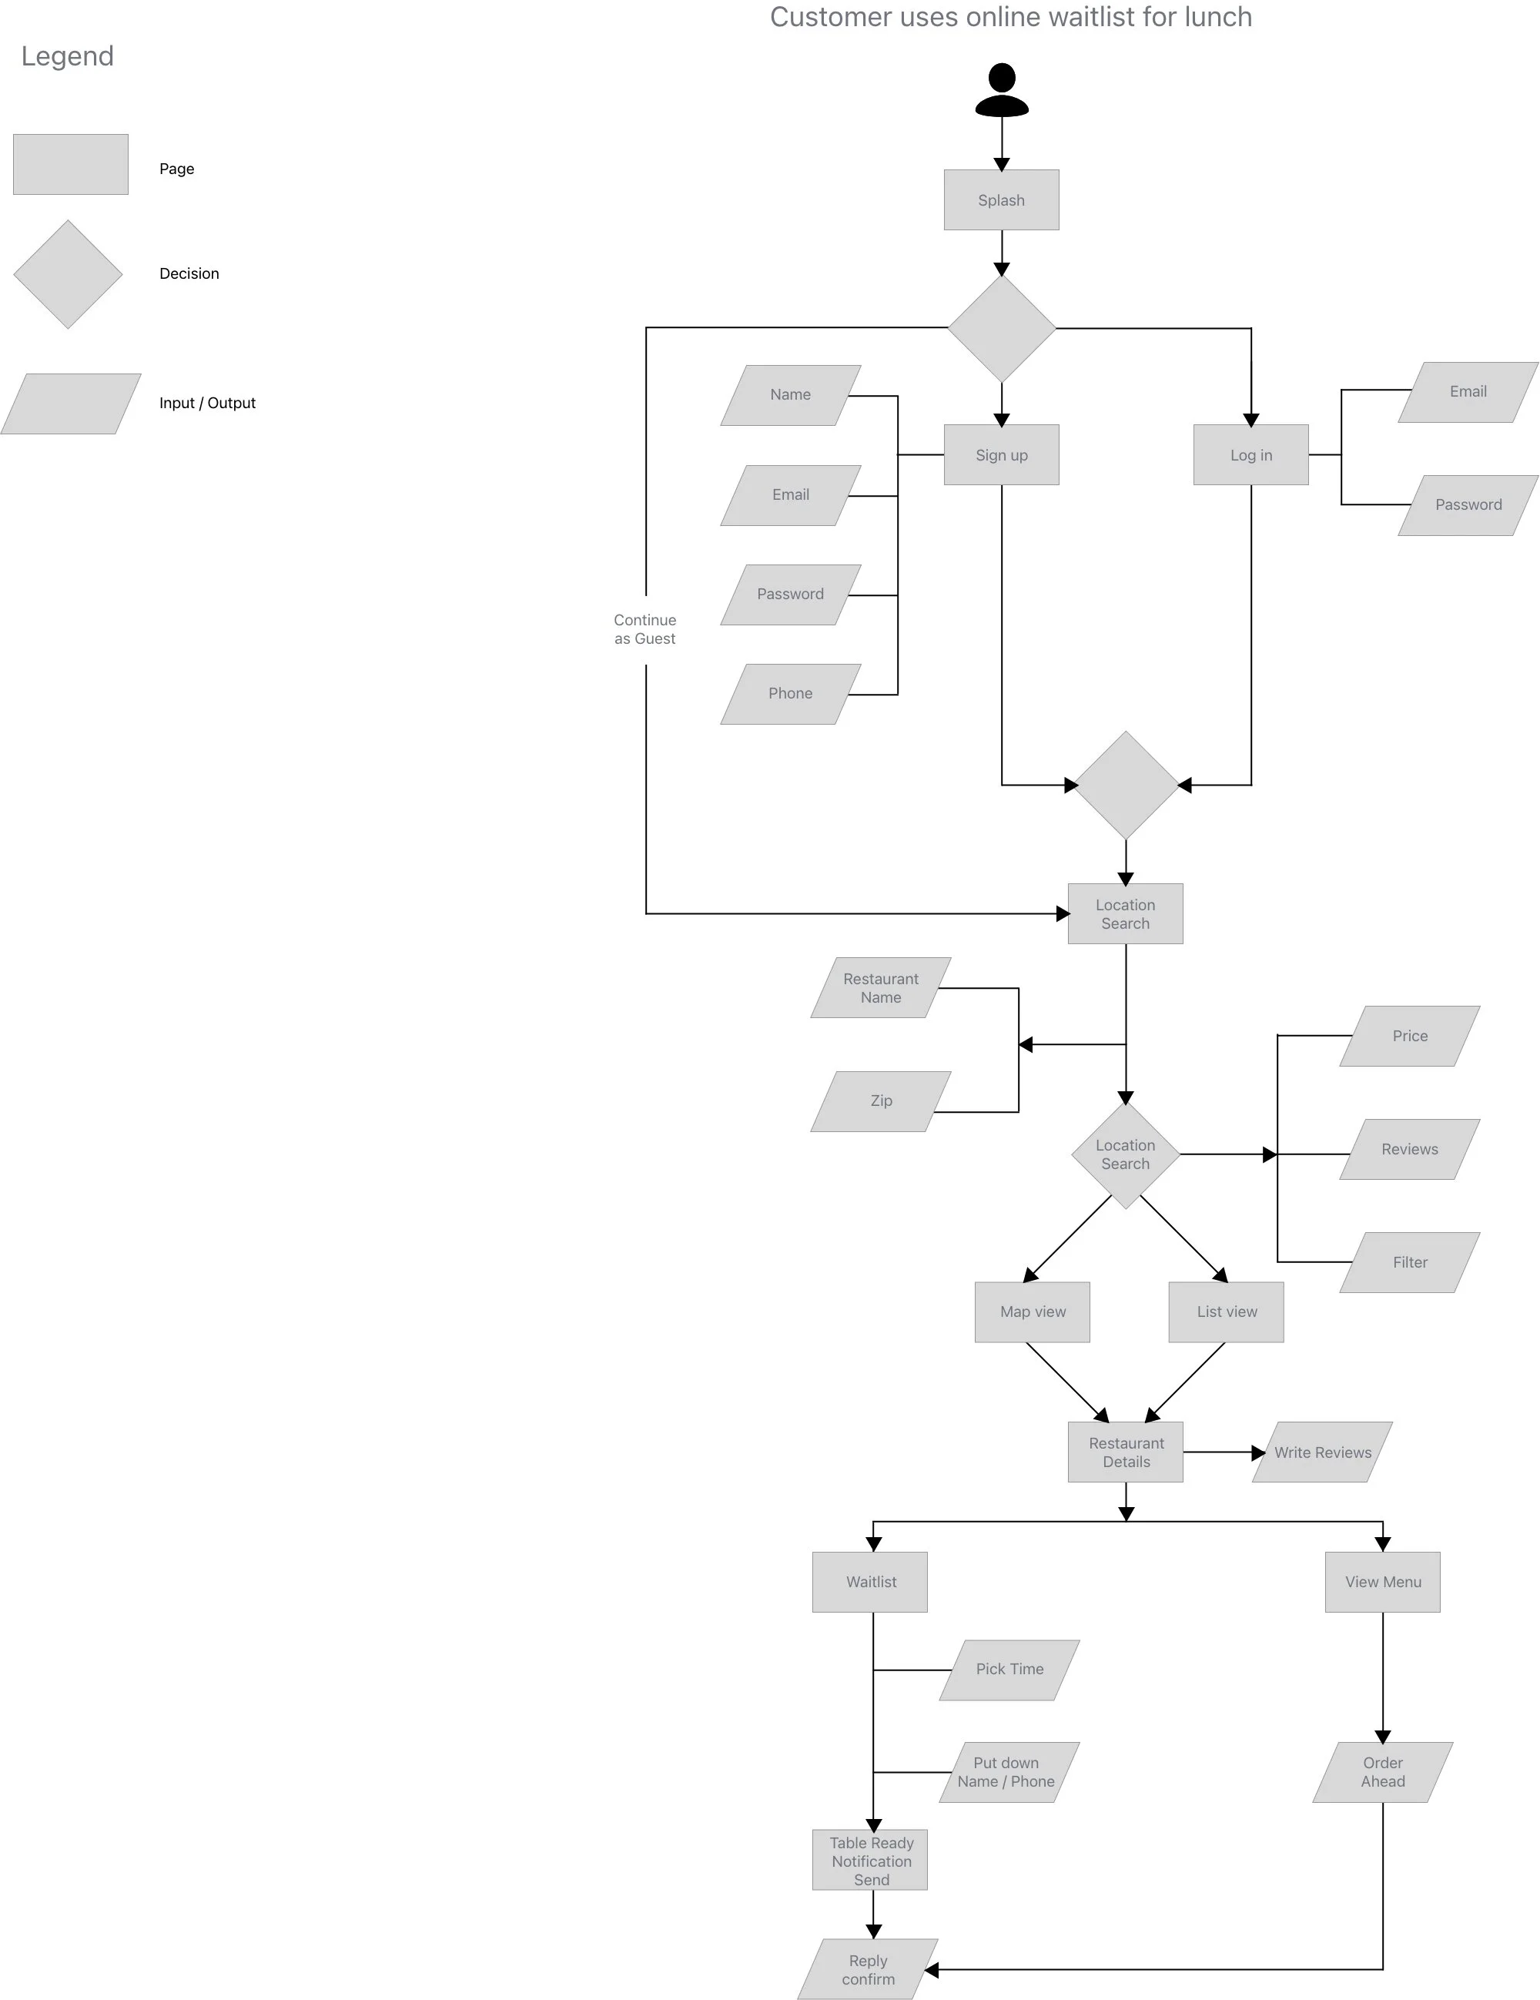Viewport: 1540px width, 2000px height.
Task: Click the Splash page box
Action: [x=1001, y=199]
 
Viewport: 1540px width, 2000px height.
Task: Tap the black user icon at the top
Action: [x=1002, y=90]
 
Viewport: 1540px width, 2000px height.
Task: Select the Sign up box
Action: [x=1001, y=454]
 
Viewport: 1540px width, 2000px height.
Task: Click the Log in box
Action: [x=1250, y=454]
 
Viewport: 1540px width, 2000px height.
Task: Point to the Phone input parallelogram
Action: [x=790, y=693]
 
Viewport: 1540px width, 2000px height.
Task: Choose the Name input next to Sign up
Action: [x=790, y=395]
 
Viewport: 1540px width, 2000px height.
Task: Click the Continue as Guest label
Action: [x=644, y=629]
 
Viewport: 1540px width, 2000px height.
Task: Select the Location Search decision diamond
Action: [x=1125, y=1154]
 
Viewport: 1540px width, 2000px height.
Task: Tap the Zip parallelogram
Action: [x=881, y=1101]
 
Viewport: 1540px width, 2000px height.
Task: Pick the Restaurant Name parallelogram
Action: [x=881, y=988]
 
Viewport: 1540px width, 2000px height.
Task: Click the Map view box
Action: [x=1032, y=1312]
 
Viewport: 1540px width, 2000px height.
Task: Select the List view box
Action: [x=1226, y=1312]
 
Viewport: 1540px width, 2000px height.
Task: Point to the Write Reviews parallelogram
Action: [x=1322, y=1452]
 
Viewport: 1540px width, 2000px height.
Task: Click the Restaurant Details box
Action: [x=1125, y=1452]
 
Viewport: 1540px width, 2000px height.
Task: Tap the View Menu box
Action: [x=1382, y=1582]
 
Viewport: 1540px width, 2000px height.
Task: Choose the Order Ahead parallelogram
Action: [x=1382, y=1772]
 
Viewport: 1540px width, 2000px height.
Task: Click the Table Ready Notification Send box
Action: [x=870, y=1860]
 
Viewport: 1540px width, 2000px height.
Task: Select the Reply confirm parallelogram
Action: [x=868, y=1970]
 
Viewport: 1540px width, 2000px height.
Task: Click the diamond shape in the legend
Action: [x=68, y=274]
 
